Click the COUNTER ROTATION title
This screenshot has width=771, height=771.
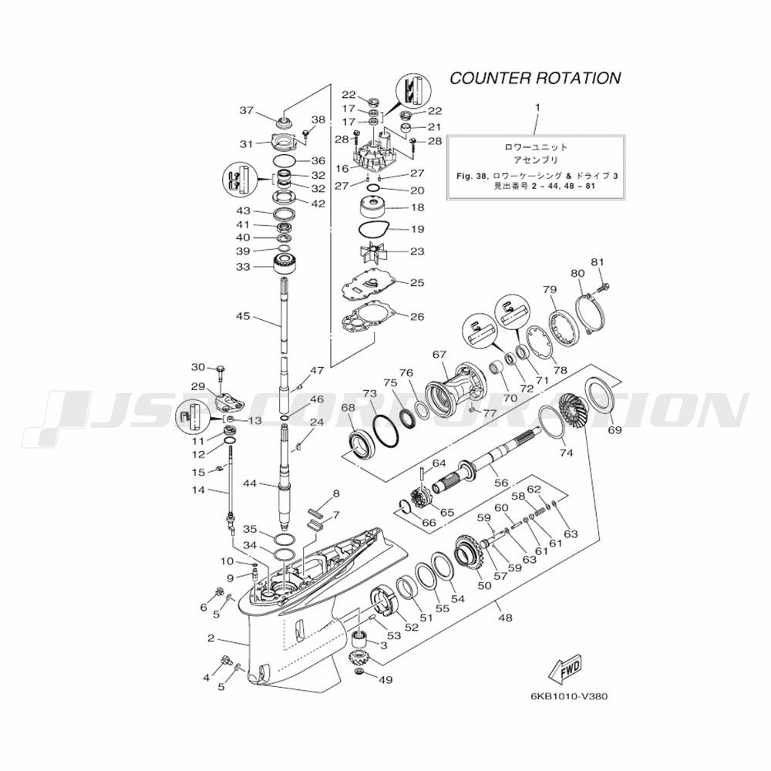(x=534, y=78)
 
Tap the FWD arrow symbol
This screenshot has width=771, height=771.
(x=565, y=665)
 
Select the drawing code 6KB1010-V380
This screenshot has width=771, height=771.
(x=569, y=695)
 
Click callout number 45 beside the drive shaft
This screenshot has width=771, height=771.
(x=243, y=316)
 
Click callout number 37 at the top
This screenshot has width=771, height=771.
(x=246, y=111)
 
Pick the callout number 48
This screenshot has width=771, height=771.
(x=505, y=617)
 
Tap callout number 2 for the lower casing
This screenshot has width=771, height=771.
(x=210, y=638)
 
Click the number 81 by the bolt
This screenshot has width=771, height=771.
(x=596, y=261)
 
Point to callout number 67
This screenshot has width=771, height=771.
(x=439, y=355)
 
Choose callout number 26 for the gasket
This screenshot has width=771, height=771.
(x=416, y=316)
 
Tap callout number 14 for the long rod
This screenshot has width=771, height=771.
(x=198, y=490)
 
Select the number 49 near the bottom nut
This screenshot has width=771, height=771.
(x=385, y=679)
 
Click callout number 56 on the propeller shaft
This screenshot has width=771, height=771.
(x=501, y=482)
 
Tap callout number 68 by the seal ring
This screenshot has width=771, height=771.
(x=348, y=407)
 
